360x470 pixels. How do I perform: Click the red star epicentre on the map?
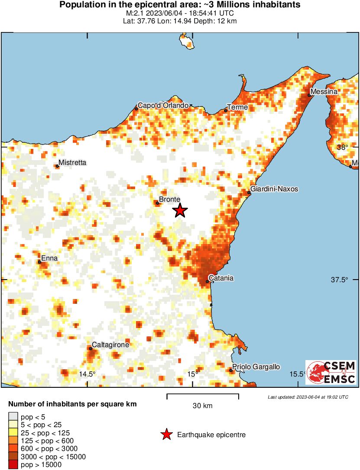coord(180,211)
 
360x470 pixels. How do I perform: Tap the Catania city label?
coord(221,278)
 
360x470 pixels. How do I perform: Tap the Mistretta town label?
coord(73,163)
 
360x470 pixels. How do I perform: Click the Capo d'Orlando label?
coord(163,105)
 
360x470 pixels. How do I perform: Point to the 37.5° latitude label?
coord(340,280)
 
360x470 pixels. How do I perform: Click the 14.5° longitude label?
coord(87,374)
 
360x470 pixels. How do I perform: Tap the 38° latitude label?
coord(343,147)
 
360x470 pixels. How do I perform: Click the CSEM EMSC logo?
coord(331,372)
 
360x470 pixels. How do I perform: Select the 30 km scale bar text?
coord(202,406)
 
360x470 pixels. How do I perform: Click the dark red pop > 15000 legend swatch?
coord(13,465)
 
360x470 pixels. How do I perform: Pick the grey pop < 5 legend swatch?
coord(13,417)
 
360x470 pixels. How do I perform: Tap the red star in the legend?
coord(166,435)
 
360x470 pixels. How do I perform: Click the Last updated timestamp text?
coord(308,397)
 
